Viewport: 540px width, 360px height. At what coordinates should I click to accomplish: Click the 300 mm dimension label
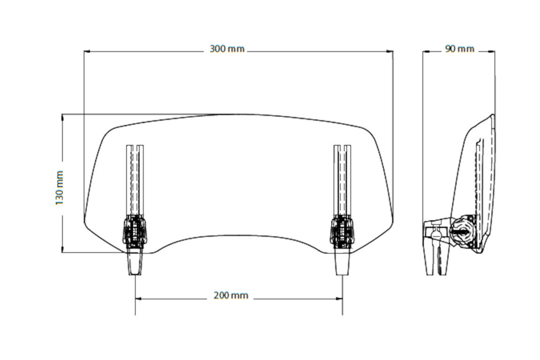(228, 49)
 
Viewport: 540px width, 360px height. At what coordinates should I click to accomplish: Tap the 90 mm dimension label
(460, 49)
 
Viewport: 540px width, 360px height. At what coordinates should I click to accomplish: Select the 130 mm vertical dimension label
(59, 187)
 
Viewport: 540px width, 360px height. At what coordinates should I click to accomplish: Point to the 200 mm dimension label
(231, 295)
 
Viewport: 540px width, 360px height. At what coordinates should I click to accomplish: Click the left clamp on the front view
(135, 231)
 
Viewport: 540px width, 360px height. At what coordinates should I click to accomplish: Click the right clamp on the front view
(342, 231)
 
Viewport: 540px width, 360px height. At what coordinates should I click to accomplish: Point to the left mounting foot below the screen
(135, 262)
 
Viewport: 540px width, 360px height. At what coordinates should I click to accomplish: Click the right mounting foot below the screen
(342, 262)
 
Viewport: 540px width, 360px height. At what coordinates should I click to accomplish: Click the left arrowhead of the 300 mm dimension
(87, 51)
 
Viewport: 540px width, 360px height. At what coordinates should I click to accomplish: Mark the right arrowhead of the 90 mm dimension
(492, 51)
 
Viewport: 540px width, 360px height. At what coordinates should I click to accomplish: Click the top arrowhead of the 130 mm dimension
(62, 117)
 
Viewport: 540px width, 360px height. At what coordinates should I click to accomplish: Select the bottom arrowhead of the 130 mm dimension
(62, 249)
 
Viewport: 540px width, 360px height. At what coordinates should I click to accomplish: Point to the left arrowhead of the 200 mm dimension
(139, 298)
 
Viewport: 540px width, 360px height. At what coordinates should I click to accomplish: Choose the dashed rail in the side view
(478, 187)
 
